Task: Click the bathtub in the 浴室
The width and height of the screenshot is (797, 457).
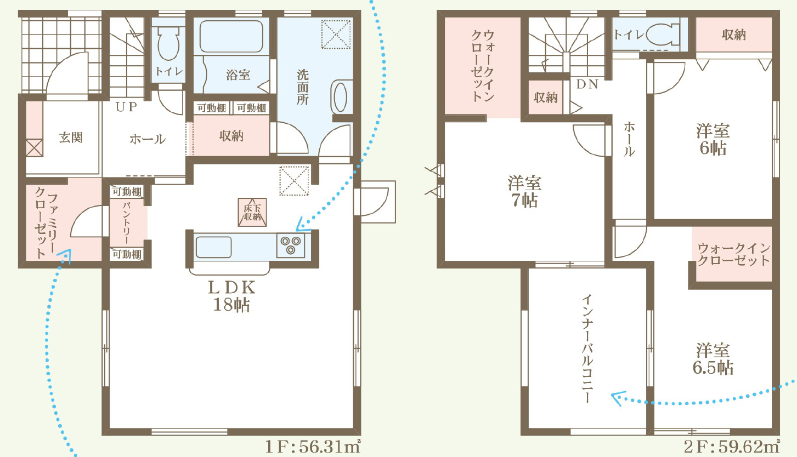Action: click(231, 36)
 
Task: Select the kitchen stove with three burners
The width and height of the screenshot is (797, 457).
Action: click(291, 245)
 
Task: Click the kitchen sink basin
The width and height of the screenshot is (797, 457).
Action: click(213, 247)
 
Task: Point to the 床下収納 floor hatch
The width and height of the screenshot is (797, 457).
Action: click(252, 212)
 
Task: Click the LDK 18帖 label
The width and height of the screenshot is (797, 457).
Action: click(231, 296)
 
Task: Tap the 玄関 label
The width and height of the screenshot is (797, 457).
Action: click(71, 137)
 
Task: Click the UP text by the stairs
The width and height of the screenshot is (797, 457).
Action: click(127, 107)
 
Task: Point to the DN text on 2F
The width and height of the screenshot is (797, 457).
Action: click(587, 84)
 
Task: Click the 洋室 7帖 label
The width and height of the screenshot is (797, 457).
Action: click(524, 192)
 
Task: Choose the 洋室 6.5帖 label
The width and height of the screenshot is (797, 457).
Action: click(713, 359)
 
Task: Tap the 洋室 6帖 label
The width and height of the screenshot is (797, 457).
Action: click(713, 140)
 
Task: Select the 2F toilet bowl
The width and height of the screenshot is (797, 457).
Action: click(663, 35)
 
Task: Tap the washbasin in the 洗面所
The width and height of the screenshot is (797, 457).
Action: click(340, 96)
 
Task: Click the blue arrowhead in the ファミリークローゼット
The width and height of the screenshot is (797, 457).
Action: click(65, 255)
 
